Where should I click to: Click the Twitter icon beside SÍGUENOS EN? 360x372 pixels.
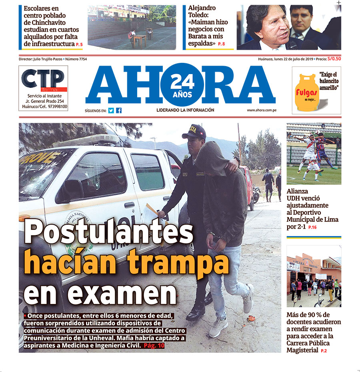tap(111, 111)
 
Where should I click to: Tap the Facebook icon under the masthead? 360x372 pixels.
tap(119, 111)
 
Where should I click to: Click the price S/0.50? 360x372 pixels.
tap(334, 59)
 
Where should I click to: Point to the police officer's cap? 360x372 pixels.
tap(194, 132)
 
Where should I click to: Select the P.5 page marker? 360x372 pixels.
tap(79, 44)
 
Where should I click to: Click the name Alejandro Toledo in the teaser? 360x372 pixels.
tap(202, 11)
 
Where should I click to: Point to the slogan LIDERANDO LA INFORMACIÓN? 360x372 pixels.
tap(185, 110)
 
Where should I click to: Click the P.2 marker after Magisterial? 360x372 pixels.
tap(324, 351)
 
